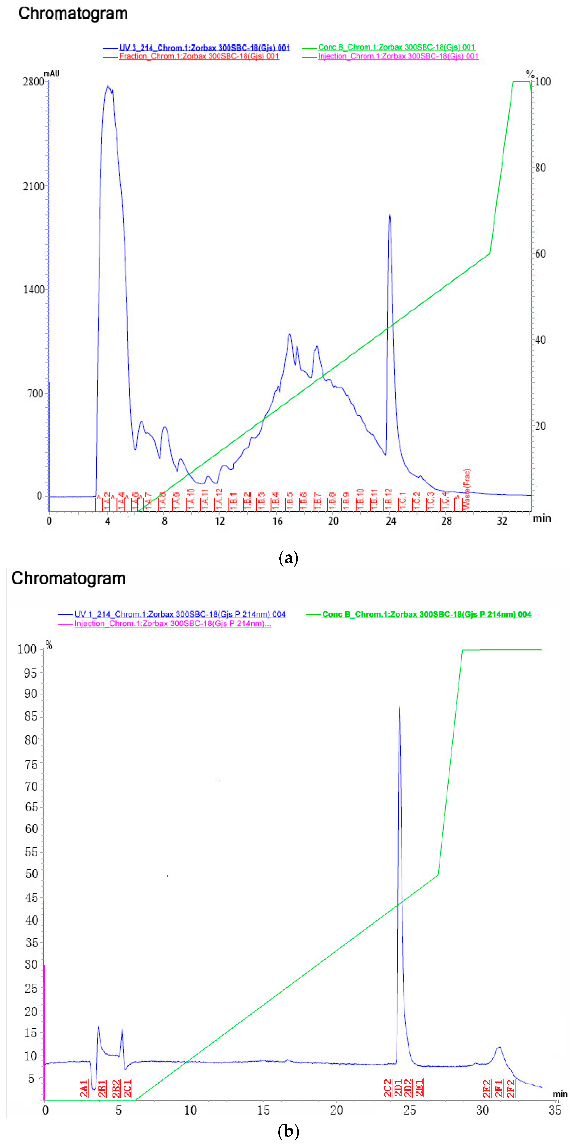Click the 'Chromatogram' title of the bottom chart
coord(68,578)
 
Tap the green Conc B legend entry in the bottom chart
coord(426,614)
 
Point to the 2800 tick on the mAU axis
coord(33,82)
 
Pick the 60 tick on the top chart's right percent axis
coord(540,254)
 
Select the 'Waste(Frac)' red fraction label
coord(466,489)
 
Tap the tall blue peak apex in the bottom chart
coord(399,707)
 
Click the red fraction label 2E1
coord(419,1088)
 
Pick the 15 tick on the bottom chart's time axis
coord(263,1110)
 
